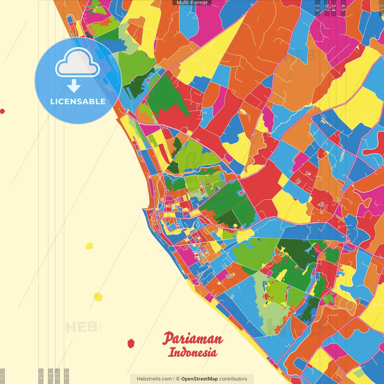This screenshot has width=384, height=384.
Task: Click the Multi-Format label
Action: click(192, 3)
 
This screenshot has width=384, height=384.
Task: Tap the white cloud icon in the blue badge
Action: click(78, 63)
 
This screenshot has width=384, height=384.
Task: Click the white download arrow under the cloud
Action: click(74, 86)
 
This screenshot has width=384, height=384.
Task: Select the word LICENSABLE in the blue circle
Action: click(78, 101)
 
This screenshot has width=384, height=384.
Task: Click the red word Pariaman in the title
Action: click(193, 339)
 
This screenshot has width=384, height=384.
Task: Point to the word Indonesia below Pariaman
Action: click(192, 352)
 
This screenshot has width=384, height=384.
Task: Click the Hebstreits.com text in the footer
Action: click(154, 379)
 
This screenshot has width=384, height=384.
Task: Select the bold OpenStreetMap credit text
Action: click(199, 379)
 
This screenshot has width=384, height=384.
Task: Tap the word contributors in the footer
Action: click(233, 379)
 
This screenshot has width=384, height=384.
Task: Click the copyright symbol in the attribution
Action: click(178, 379)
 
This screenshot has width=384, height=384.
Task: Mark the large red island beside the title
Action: click(131, 343)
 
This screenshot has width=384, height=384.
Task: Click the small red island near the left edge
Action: click(2, 111)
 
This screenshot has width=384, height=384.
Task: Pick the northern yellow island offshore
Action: click(89, 246)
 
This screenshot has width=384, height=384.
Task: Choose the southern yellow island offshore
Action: click(98, 297)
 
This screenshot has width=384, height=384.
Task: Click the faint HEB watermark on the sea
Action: click(81, 327)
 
